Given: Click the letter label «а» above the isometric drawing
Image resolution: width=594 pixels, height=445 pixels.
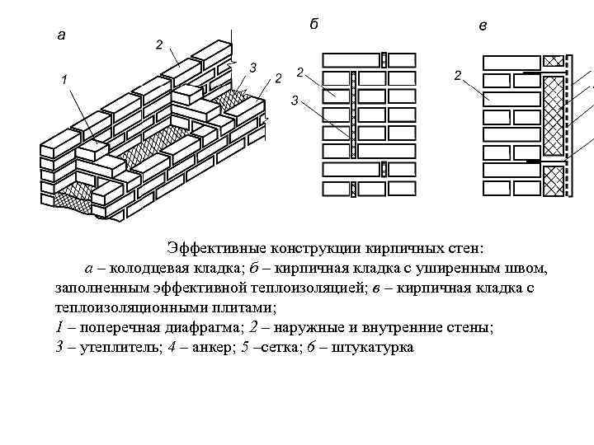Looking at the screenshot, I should click(x=61, y=35).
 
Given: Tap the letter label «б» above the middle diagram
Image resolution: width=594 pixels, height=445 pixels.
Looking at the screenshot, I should click(x=313, y=24).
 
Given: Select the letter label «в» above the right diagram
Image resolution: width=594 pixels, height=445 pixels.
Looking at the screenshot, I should click(x=483, y=26).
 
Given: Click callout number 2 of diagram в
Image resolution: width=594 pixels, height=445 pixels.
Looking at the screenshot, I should click(x=457, y=76).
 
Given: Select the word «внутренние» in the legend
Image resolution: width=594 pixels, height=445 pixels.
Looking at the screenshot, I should click(x=408, y=327).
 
